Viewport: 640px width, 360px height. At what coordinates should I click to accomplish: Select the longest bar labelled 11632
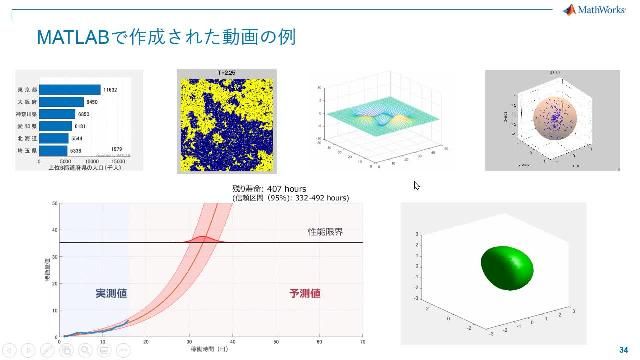pos(70,90)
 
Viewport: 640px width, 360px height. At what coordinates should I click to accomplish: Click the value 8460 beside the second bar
pos(92,102)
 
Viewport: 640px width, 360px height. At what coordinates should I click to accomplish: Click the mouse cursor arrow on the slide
pos(416,185)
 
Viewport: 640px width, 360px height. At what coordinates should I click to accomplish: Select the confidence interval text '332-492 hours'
pos(306,198)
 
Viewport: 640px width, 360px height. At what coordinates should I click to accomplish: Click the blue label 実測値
pos(112,293)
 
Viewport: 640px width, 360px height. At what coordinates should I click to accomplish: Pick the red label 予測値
pos(304,293)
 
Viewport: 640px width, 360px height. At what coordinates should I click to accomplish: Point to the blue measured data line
pos(100,329)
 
